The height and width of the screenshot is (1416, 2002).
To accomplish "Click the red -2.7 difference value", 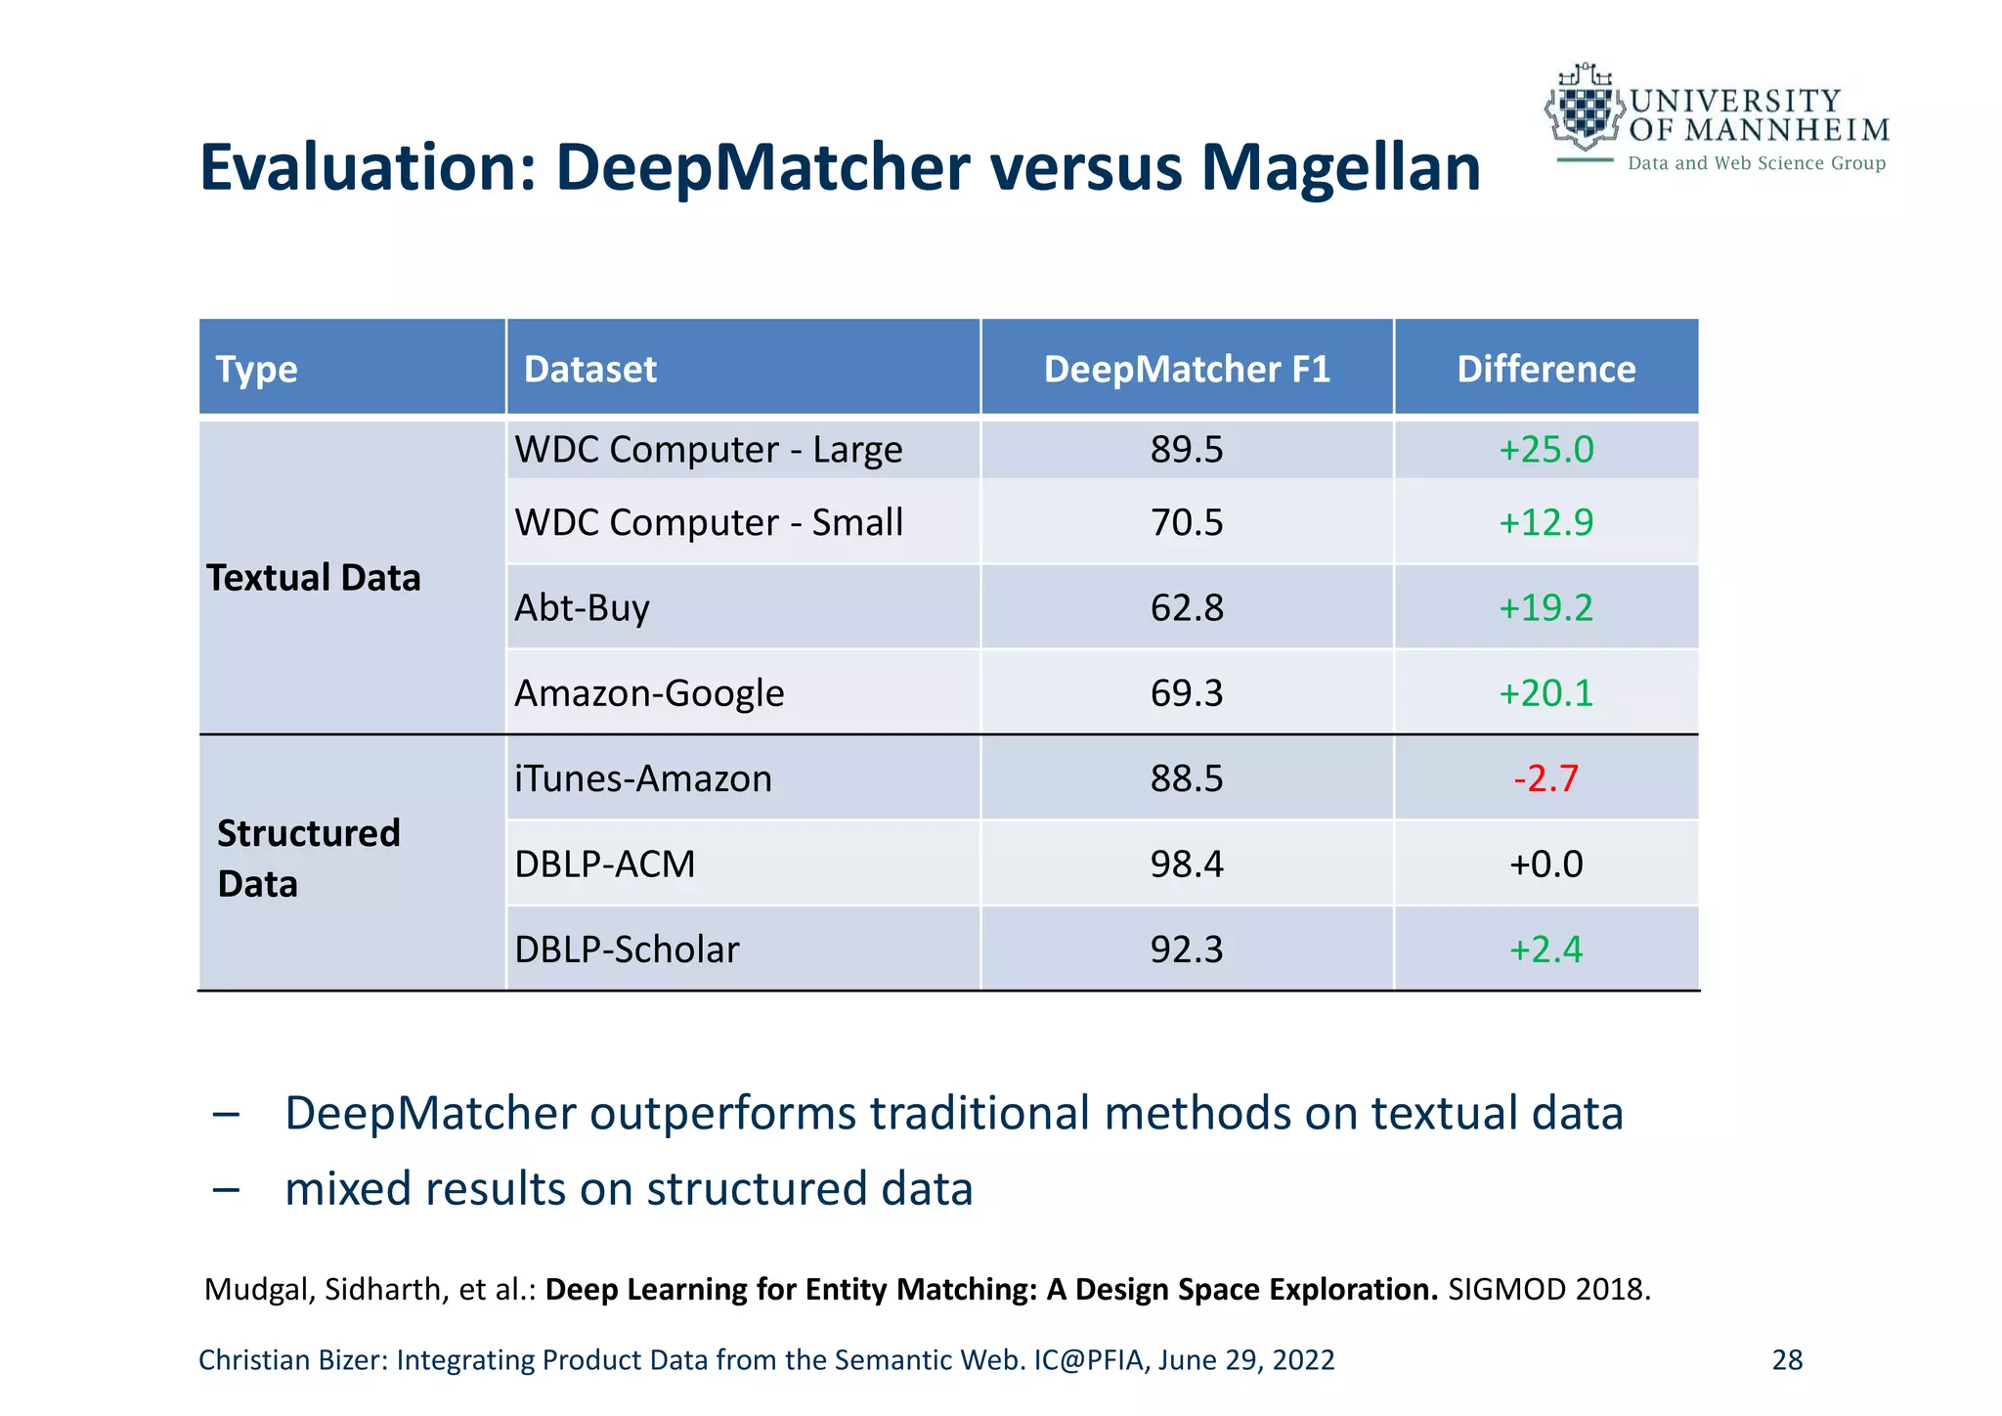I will pos(1545,778).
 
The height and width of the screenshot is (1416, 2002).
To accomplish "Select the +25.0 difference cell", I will pos(1545,449).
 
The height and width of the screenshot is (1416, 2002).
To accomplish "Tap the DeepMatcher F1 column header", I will pos(1187,369).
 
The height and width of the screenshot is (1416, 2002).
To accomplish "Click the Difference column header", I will pos(1545,369).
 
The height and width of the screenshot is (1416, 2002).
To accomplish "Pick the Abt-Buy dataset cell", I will pos(583,607).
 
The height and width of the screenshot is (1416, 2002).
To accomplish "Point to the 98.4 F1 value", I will pos(1187,863).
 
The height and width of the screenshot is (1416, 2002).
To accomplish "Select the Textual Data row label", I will pos(314,577).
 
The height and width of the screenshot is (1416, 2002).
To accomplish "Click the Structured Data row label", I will pos(308,858).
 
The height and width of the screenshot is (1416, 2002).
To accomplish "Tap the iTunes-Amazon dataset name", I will pos(643,778).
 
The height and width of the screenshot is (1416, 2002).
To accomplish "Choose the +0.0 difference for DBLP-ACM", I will pos(1545,863).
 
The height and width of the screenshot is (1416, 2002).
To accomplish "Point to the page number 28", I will pos(1787,1359).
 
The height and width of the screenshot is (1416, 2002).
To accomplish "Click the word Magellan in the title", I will pos(1340,167).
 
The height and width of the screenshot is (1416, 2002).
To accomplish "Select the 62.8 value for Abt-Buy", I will pos(1187,607).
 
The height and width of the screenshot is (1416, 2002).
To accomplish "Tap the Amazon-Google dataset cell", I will pos(649,692).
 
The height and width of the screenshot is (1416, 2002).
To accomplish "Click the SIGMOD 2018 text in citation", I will pos(1548,1289).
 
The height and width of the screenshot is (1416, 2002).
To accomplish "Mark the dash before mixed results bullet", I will pos(226,1189).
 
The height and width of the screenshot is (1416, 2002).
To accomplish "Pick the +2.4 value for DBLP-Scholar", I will pos(1545,949).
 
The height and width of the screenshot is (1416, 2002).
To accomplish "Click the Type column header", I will pos(257,369).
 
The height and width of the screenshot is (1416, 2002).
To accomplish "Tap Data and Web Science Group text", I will pos(1756,163).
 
